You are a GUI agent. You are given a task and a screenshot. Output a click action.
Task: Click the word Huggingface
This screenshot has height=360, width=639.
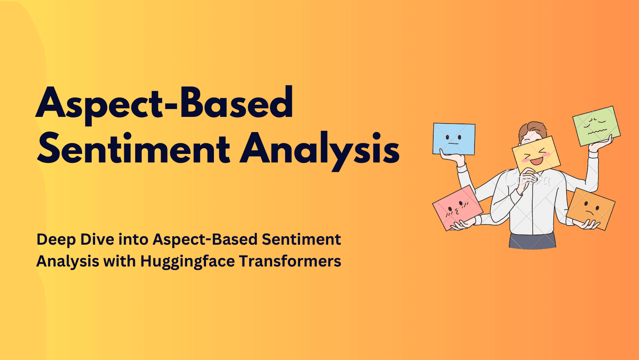pyautogui.click(x=187, y=261)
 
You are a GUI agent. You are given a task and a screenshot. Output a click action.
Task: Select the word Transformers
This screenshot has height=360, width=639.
pyautogui.click(x=290, y=261)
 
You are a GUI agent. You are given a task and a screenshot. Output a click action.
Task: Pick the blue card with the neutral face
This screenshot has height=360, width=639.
pyautogui.click(x=454, y=139)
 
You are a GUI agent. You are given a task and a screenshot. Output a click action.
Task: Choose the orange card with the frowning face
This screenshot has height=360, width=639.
pyautogui.click(x=590, y=208)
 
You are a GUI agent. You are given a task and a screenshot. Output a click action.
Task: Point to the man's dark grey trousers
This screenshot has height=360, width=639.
pyautogui.click(x=532, y=241)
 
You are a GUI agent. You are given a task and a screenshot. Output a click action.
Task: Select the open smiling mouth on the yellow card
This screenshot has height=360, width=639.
pyautogui.click(x=537, y=160)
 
